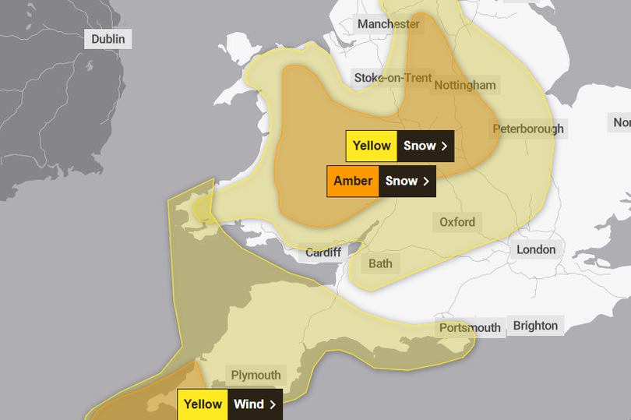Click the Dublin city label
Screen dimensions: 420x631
tap(108, 39)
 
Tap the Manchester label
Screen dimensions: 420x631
tap(388, 24)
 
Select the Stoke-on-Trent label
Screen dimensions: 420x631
tap(393, 77)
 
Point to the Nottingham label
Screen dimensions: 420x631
tap(464, 85)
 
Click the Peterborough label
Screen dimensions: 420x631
tap(528, 129)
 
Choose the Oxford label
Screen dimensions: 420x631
tap(457, 222)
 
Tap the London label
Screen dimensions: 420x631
tap(536, 249)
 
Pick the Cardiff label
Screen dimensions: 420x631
tap(323, 252)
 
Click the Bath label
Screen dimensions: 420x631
tap(380, 263)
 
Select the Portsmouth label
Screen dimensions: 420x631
tap(470, 327)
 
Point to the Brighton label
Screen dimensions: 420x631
tap(535, 326)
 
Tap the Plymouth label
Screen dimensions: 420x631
tap(256, 375)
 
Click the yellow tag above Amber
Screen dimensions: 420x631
tap(372, 146)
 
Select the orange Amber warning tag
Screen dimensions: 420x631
tap(353, 181)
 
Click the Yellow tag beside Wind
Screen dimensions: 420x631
tap(203, 404)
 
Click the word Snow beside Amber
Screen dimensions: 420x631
tap(401, 181)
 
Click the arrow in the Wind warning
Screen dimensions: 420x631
tap(273, 404)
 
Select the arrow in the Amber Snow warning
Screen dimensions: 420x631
tap(426, 181)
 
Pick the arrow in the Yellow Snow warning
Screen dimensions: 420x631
tap(445, 146)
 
